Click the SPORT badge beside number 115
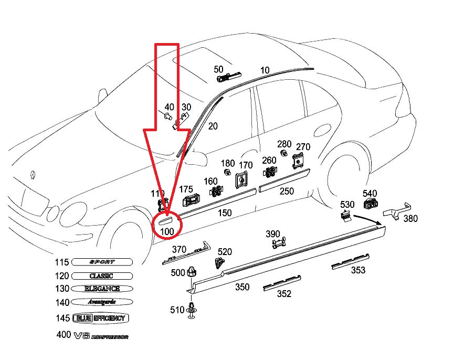click(102, 262)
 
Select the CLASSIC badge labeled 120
click(101, 276)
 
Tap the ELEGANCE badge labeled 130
click(102, 289)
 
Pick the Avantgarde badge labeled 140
click(101, 302)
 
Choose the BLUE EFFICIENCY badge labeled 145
click(101, 318)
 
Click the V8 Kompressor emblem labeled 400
click(99, 335)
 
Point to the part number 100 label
click(166, 231)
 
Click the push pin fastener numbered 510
click(193, 310)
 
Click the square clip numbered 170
click(242, 180)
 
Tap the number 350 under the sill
click(242, 287)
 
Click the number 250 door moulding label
click(287, 191)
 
